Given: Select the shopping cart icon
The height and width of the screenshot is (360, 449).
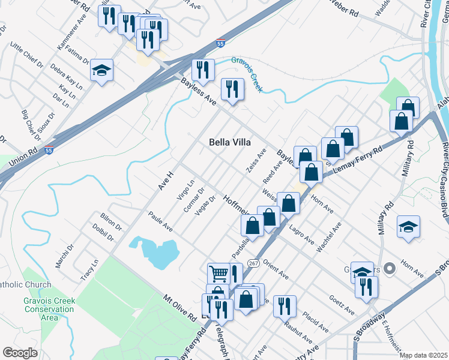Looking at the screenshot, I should pyautogui.click(x=219, y=274).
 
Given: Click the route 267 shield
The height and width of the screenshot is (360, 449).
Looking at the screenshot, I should pyautogui.click(x=253, y=263).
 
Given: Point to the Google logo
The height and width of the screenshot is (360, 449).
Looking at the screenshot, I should pyautogui.click(x=20, y=353).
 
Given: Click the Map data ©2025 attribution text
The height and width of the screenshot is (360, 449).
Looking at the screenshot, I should pyautogui.click(x=423, y=355).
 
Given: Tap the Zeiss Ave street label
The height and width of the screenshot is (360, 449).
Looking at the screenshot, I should pyautogui.click(x=256, y=161).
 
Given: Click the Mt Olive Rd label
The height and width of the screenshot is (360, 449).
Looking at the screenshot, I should pyautogui.click(x=180, y=306).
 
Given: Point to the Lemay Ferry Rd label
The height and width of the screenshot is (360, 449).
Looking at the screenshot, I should pyautogui.click(x=360, y=158).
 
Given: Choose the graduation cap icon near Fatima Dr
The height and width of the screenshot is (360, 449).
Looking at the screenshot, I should pyautogui.click(x=102, y=70).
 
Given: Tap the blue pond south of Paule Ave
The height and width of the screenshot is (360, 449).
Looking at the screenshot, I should pyautogui.click(x=154, y=252).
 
